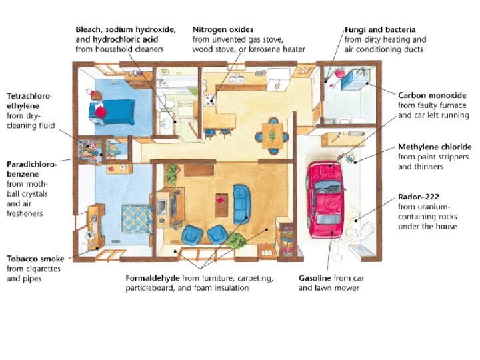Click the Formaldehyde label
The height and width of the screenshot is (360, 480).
(x=155, y=278)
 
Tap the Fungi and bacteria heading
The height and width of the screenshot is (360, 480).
(x=380, y=30)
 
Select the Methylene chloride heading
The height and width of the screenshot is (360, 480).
(x=434, y=147)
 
